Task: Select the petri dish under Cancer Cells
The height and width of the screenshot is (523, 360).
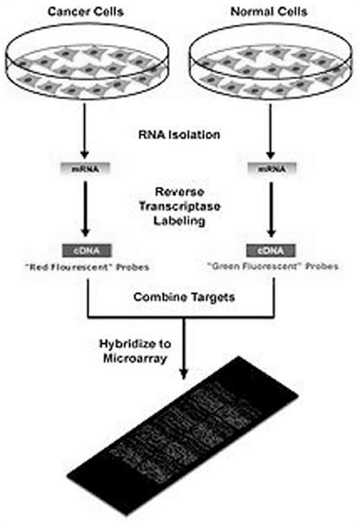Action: (90, 65)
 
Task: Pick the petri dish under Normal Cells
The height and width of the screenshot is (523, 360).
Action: (271, 65)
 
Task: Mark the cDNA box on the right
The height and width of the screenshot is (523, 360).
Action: (271, 249)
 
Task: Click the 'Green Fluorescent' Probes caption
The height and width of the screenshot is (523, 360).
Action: (271, 266)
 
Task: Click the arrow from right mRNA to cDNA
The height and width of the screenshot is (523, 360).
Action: (271, 210)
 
